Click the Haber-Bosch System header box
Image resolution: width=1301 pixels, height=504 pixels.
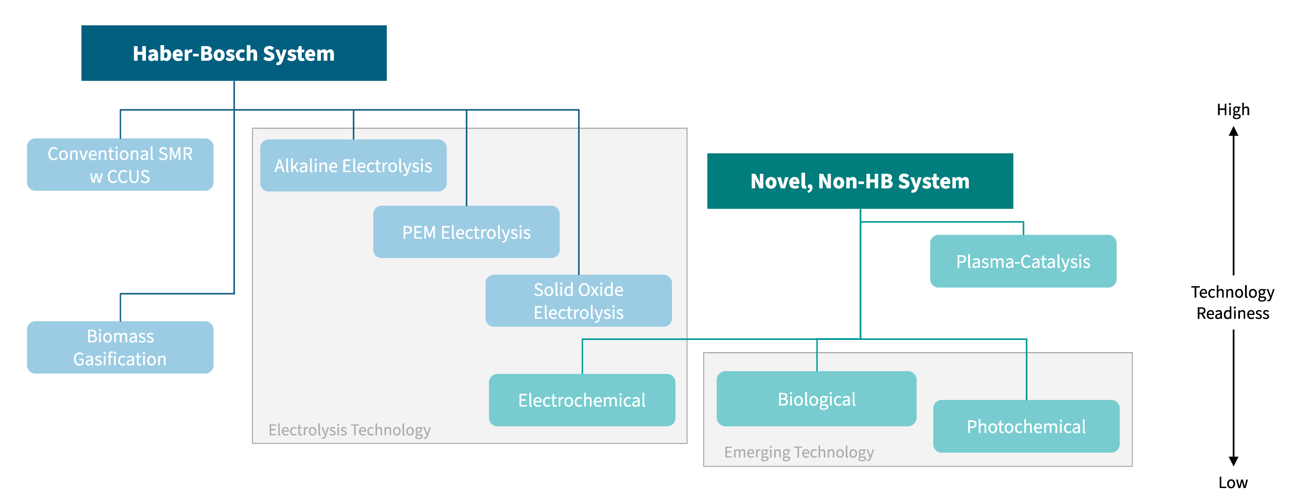234,53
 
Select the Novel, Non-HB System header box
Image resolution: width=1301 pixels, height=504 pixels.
859,181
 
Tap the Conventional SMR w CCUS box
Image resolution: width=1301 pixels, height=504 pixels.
120,164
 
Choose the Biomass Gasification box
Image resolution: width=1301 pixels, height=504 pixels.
120,347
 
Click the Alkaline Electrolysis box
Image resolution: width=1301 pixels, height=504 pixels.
353,165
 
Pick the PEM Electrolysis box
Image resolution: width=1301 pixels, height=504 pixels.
466,232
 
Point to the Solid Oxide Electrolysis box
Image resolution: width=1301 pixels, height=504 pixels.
578,301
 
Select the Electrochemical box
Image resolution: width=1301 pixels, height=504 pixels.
582,400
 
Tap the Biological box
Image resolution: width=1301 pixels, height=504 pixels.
816,399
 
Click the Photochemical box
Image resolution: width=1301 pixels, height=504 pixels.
1026,426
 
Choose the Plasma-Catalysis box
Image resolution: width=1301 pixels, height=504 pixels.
1023,261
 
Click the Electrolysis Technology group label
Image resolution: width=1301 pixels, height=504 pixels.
349,430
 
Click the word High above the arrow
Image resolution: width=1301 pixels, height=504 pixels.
1233,110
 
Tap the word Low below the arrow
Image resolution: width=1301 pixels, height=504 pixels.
1233,482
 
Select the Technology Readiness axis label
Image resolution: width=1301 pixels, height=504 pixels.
1232,302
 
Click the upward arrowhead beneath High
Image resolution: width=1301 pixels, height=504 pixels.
1233,131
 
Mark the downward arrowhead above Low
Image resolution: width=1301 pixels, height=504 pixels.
1233,461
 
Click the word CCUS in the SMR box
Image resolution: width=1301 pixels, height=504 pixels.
128,177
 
